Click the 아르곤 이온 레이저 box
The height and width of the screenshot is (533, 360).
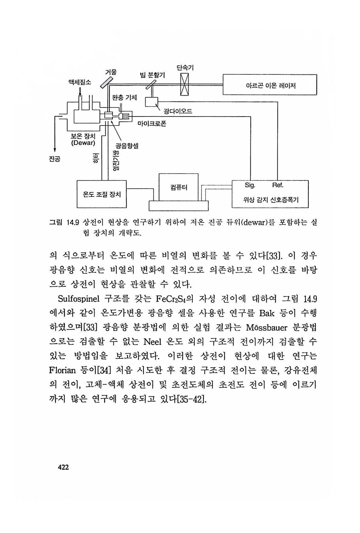click(269, 85)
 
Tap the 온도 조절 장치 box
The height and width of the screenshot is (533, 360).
click(101, 194)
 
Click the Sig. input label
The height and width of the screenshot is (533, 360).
click(250, 185)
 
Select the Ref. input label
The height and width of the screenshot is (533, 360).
click(278, 185)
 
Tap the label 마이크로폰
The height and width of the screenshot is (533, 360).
click(152, 124)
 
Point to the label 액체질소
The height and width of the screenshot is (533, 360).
click(80, 82)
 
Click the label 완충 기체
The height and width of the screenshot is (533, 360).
click(125, 97)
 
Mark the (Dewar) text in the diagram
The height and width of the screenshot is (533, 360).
click(83, 143)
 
